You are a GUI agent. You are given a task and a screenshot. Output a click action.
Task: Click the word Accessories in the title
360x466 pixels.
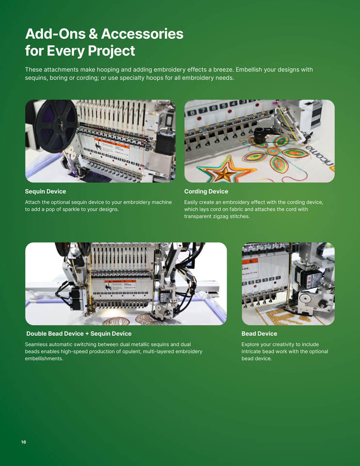click(142, 33)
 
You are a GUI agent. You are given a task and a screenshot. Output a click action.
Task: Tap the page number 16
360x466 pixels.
click(23, 442)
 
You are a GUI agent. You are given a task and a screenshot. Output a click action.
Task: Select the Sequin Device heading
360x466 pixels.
click(46, 191)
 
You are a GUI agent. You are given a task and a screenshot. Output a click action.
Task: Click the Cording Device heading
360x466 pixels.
click(206, 191)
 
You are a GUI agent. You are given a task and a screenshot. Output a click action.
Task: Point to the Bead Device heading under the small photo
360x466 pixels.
click(259, 333)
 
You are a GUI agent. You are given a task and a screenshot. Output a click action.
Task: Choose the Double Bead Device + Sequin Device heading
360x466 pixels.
click(79, 333)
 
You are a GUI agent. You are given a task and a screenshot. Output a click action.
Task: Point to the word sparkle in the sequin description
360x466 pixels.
click(72, 209)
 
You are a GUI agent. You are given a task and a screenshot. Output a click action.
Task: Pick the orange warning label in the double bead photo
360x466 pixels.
click(120, 281)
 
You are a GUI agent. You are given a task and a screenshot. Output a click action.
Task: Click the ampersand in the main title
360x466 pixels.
click(93, 33)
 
